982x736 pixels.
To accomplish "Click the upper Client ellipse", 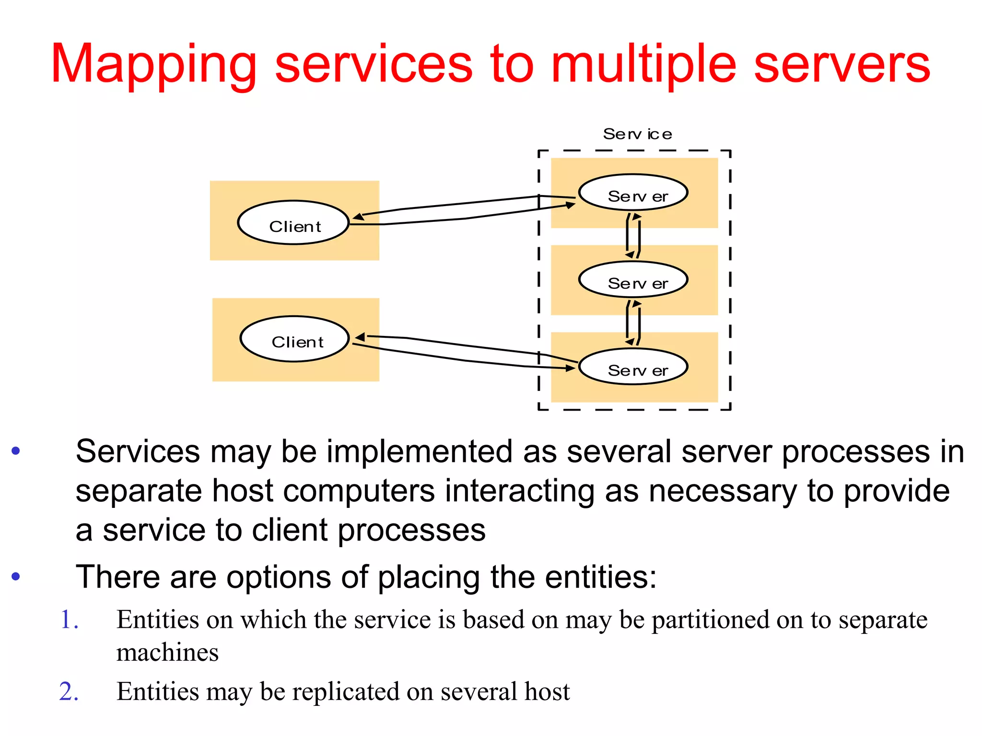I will pos(293,223).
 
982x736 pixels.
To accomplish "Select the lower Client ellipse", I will pos(294,339).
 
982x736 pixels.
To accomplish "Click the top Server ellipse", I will pos(633,193).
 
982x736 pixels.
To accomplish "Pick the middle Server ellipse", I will pos(633,280).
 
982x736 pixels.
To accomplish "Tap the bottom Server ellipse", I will pos(633,367).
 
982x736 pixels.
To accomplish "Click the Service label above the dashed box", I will pos(637,134).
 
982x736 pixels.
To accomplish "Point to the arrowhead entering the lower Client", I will pos(360,337).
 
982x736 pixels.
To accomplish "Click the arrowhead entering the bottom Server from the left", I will pos(570,368).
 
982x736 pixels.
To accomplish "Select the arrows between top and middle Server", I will pos(633,236).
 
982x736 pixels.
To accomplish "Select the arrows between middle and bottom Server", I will pos(633,323).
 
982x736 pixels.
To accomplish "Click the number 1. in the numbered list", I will pos(69,620).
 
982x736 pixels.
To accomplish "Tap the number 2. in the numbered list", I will pos(69,692).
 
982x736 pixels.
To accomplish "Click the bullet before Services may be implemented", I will pos(16,451).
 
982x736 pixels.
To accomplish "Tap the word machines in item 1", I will pos(167,653).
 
